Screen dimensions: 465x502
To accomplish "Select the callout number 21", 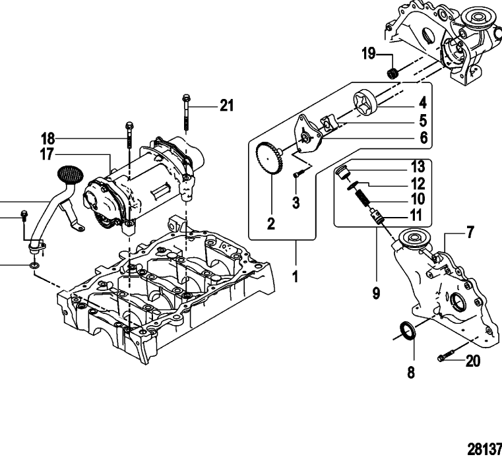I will (226, 105).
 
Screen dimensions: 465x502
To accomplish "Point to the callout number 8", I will (410, 373).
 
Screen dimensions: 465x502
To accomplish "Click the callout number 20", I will (472, 361).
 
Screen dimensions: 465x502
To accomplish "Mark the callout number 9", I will (375, 293).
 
